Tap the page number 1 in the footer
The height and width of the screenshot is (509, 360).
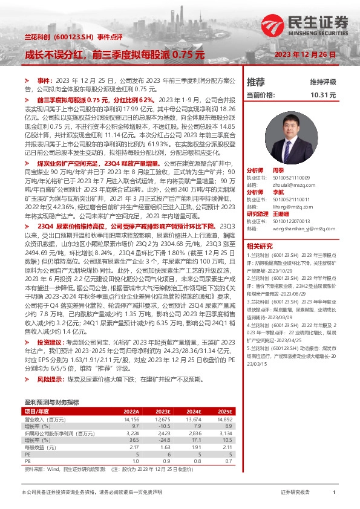[x=333, y=493]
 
